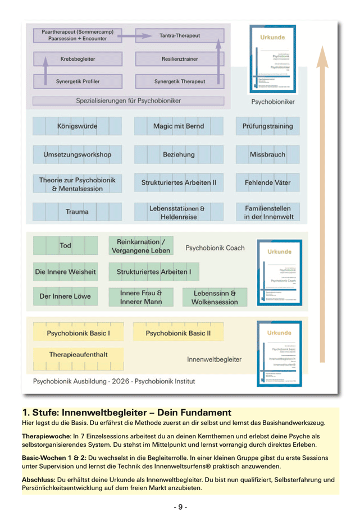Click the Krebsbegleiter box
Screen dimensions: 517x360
78,58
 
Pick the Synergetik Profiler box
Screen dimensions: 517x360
78,81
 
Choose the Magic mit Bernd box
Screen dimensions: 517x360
179,126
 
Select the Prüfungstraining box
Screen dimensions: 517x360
267,126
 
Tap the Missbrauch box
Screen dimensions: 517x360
267,154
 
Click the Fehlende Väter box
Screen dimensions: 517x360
267,183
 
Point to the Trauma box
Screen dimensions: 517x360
77,212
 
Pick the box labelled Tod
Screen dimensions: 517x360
65,246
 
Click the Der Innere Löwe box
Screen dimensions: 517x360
65,296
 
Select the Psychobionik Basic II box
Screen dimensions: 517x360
178,333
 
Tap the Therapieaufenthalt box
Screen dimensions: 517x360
78,355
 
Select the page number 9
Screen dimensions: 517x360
180,507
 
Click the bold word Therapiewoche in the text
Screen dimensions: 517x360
44,436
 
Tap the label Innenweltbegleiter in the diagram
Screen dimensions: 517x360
214,359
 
